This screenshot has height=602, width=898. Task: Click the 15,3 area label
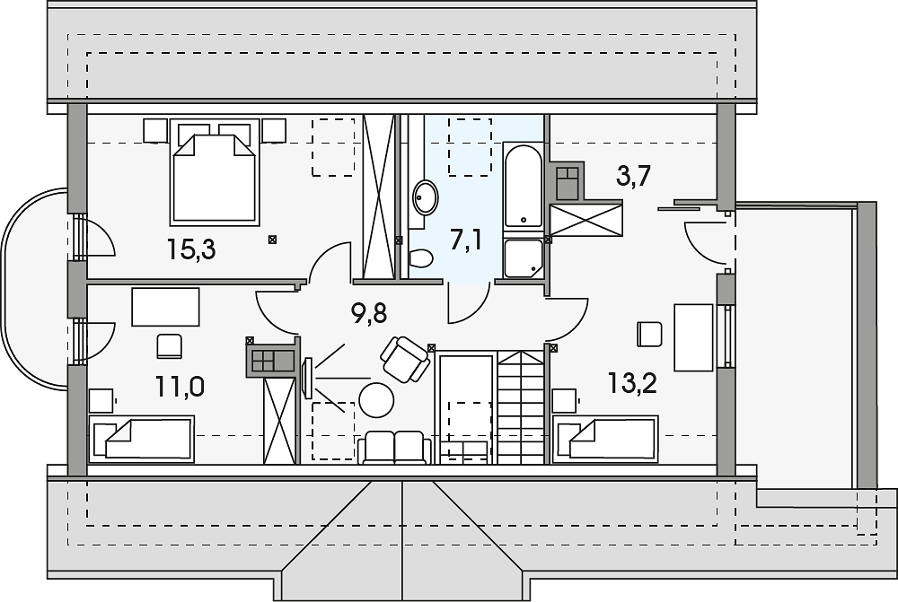pyautogui.click(x=191, y=249)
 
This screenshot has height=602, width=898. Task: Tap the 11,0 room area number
pyautogui.click(x=180, y=388)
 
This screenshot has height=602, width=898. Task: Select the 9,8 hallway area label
pyautogui.click(x=369, y=314)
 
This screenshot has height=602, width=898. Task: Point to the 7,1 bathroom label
pyautogui.click(x=465, y=240)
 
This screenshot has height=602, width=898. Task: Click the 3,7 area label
pyautogui.click(x=633, y=176)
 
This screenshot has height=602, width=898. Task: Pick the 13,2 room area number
pyautogui.click(x=631, y=383)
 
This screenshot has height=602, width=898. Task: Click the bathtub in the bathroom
pyautogui.click(x=523, y=186)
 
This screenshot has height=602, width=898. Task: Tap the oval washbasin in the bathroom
pyautogui.click(x=426, y=197)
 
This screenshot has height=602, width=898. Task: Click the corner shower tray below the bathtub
pyautogui.click(x=523, y=258)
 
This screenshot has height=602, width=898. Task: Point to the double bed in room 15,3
pyautogui.click(x=215, y=171)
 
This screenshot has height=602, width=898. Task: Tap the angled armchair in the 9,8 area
pyautogui.click(x=405, y=360)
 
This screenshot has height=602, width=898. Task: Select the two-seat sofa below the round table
pyautogui.click(x=394, y=448)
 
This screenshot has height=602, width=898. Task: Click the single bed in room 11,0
pyautogui.click(x=142, y=437)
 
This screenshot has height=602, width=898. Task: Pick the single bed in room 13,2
pyautogui.click(x=605, y=437)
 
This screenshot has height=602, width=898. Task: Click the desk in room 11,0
pyautogui.click(x=165, y=308)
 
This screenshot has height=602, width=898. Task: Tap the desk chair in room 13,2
pyautogui.click(x=649, y=334)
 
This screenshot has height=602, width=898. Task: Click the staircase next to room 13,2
pyautogui.click(x=519, y=406)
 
